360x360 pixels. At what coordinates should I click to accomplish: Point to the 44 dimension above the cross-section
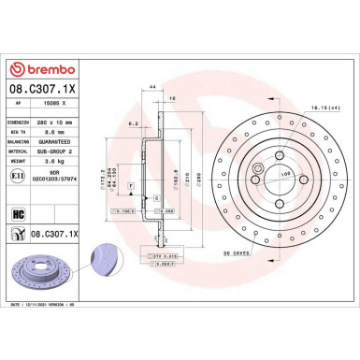tap(151, 86)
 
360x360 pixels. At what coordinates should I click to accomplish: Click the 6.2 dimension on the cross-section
tap(136, 122)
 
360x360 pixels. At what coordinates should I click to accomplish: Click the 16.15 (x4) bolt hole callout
tap(321, 109)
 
